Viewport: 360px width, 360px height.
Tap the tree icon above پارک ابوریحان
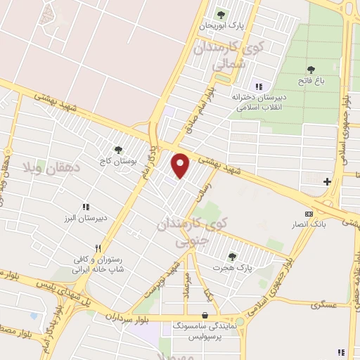(x=221, y=13)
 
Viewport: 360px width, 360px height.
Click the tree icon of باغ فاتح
(x=311, y=69)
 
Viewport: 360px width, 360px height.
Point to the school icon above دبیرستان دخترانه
(x=259, y=86)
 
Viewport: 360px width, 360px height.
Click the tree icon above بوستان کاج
(x=118, y=150)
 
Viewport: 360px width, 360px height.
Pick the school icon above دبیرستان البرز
(x=86, y=207)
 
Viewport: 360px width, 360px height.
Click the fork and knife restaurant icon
(x=98, y=248)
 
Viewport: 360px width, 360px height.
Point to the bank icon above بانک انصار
(x=307, y=214)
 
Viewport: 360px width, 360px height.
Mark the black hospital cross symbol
(x=327, y=182)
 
